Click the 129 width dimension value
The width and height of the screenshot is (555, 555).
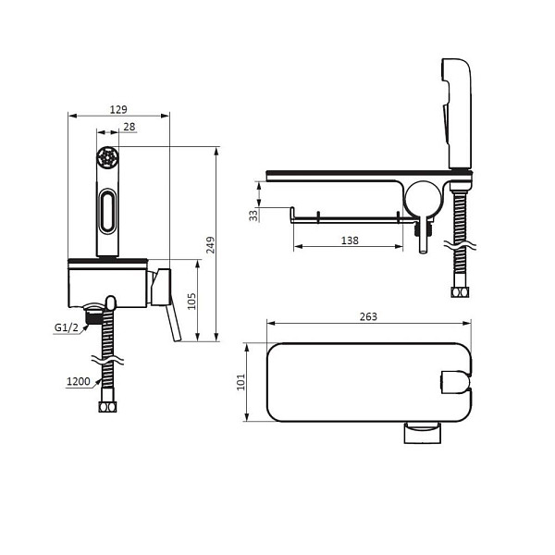click(x=118, y=109)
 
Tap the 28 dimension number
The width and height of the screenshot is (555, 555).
click(x=129, y=127)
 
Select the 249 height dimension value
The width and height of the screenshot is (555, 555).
click(x=210, y=244)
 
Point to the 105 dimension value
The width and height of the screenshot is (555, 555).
click(x=191, y=301)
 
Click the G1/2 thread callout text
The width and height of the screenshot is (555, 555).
click(x=67, y=327)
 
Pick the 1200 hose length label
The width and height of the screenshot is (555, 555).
click(x=79, y=381)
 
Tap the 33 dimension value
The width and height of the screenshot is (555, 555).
click(x=253, y=216)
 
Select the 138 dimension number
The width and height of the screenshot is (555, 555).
click(x=350, y=240)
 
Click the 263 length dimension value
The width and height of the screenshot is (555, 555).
click(x=368, y=316)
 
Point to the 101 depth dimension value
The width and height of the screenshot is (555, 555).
click(x=240, y=382)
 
